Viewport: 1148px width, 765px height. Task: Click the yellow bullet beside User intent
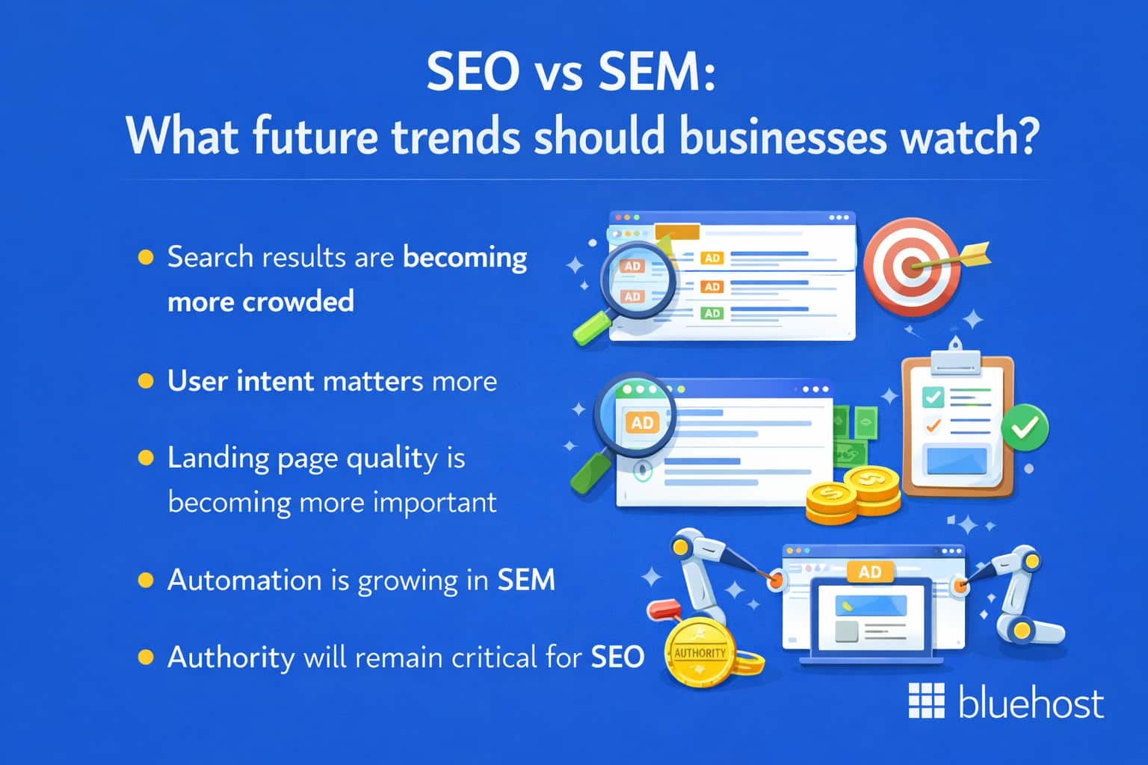pos(146,382)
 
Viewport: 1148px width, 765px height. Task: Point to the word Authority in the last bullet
pos(231,657)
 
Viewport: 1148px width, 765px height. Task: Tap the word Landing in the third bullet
pos(216,458)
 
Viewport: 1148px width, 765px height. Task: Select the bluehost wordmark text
pos(1031,703)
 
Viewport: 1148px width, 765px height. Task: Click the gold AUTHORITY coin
pos(700,653)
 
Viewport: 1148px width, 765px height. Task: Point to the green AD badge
pos(712,313)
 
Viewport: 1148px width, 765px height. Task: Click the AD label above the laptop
pos(870,572)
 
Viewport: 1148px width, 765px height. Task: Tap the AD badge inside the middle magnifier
pos(642,423)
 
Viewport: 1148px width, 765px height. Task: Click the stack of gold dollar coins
pos(852,496)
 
